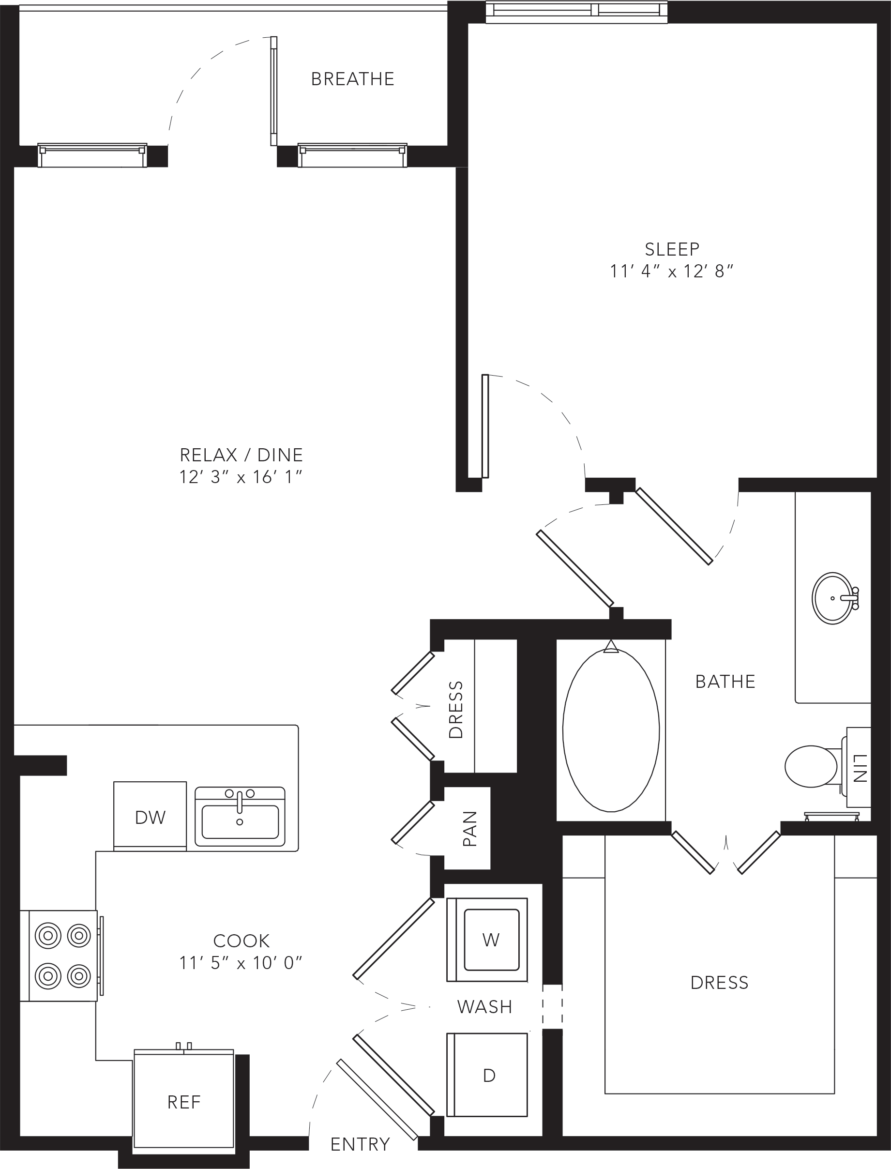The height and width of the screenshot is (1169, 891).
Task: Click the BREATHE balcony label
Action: click(x=353, y=79)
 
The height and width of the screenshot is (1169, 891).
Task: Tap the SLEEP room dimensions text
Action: click(x=671, y=271)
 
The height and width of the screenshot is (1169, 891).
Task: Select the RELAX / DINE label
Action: click(x=242, y=455)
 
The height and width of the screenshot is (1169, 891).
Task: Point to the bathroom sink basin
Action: click(x=832, y=598)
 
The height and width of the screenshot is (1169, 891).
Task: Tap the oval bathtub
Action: click(x=611, y=730)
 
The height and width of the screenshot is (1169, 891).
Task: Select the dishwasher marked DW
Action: click(x=150, y=816)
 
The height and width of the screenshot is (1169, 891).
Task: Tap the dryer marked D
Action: click(x=487, y=1075)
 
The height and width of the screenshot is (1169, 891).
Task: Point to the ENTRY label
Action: click(x=360, y=1144)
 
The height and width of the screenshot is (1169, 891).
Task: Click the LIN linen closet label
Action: click(x=860, y=768)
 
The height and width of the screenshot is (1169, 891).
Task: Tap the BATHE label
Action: click(x=725, y=682)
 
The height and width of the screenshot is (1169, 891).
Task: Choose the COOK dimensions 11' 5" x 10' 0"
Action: click(x=241, y=962)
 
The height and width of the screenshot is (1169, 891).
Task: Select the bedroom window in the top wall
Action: click(x=576, y=12)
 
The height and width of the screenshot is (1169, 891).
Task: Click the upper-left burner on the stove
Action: click(x=48, y=936)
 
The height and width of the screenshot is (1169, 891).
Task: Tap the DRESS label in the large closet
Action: click(x=719, y=983)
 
